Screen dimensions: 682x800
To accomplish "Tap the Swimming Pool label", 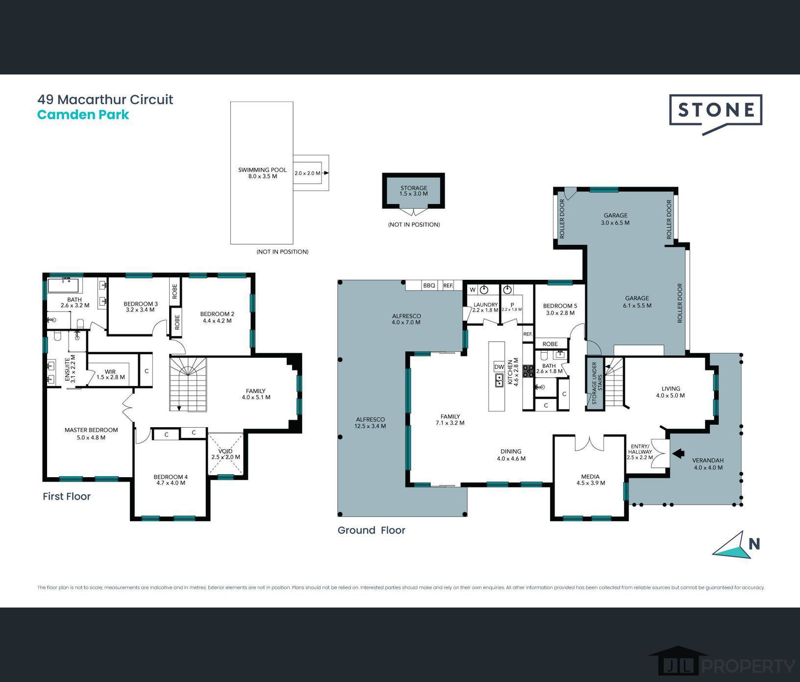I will click(x=262, y=173).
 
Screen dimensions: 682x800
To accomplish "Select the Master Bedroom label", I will click(x=91, y=434).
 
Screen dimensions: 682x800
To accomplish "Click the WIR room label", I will click(x=110, y=374).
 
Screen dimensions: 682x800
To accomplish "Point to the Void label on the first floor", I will click(x=225, y=454).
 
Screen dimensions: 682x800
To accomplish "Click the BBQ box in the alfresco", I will click(x=429, y=285).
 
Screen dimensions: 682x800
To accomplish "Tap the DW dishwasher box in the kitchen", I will click(x=499, y=367).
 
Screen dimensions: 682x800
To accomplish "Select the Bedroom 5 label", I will click(x=560, y=309).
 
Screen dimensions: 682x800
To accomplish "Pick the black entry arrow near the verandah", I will click(x=678, y=454).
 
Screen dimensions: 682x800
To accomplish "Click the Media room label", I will click(x=590, y=480).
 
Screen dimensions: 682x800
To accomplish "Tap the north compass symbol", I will click(x=733, y=545).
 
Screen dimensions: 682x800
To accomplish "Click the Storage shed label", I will click(x=414, y=191).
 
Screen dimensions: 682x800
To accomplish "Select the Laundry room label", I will click(x=485, y=307).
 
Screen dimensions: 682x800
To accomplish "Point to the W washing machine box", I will click(x=473, y=290).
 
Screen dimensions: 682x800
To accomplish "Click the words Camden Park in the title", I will click(x=83, y=115).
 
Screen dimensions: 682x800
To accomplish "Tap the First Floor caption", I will click(x=67, y=496).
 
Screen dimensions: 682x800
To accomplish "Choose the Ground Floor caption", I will click(x=371, y=530).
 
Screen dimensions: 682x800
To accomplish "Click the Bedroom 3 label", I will click(x=141, y=307).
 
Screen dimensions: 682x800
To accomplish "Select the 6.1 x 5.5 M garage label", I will click(x=637, y=302).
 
